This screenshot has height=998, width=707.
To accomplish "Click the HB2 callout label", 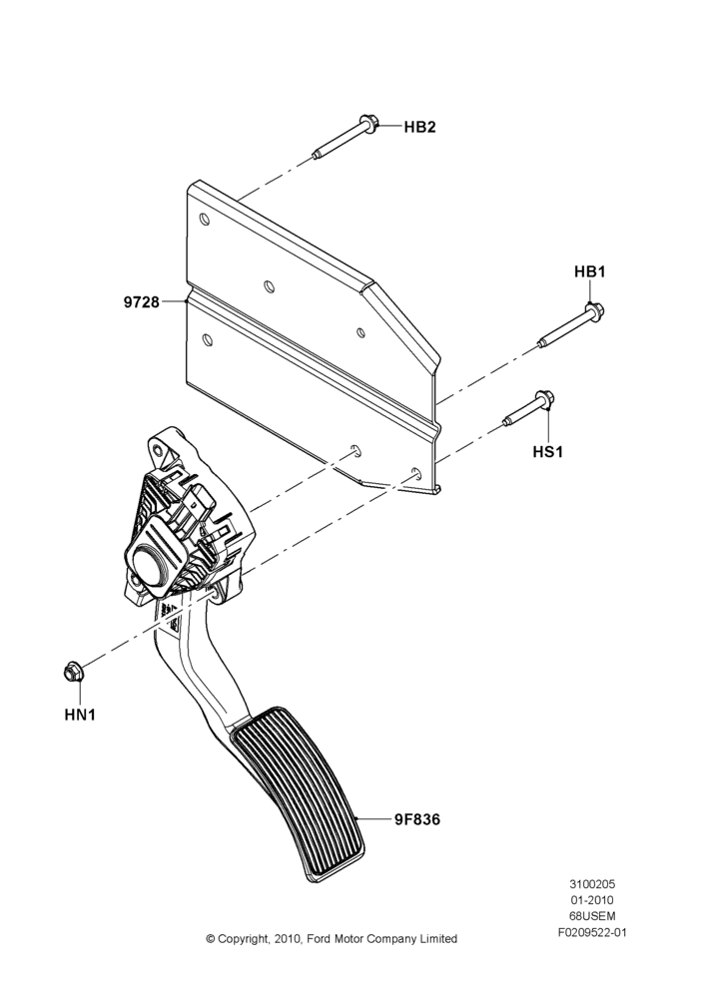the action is (x=419, y=127).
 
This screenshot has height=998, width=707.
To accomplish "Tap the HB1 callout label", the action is (x=590, y=271).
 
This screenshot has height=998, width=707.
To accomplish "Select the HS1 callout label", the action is (x=548, y=452).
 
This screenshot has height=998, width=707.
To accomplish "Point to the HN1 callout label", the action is (x=80, y=715).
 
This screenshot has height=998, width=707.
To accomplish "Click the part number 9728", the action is (x=142, y=301).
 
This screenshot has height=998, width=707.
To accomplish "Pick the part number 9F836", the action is (x=416, y=819).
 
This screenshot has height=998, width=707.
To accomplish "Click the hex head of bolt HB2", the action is (x=367, y=123).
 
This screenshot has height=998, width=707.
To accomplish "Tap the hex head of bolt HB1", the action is (x=593, y=311).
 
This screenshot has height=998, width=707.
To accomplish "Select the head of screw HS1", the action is (x=546, y=400).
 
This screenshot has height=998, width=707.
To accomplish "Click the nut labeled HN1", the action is (x=73, y=672).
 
